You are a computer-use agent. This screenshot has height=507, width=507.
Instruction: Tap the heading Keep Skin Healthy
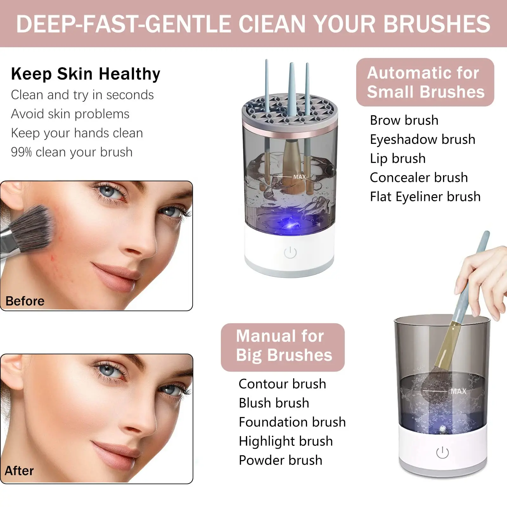tap(86, 74)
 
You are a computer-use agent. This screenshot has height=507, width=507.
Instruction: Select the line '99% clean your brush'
tap(72, 152)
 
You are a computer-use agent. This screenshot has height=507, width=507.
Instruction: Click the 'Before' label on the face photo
tap(25, 301)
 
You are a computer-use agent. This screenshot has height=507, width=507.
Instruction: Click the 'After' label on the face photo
tap(19, 471)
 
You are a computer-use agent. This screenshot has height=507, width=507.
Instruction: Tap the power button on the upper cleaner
tap(290, 253)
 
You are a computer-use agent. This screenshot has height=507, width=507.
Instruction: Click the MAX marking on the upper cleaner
tap(299, 177)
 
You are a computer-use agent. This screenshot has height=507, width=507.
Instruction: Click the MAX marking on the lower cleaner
tap(458, 391)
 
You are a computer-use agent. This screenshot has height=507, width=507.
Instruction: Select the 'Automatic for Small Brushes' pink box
tap(425, 82)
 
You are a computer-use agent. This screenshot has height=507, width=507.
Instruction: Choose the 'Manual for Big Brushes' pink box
tap(283, 347)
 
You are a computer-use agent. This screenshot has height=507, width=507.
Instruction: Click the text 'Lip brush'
tap(398, 158)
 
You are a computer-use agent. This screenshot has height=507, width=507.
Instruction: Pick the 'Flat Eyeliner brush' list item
tap(425, 197)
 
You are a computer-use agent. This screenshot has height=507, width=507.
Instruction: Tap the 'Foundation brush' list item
tap(292, 422)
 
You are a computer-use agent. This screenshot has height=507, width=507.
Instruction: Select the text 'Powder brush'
tap(280, 460)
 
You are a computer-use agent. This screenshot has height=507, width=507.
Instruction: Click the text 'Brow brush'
tap(404, 120)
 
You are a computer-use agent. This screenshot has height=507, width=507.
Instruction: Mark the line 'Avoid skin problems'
tap(70, 114)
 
